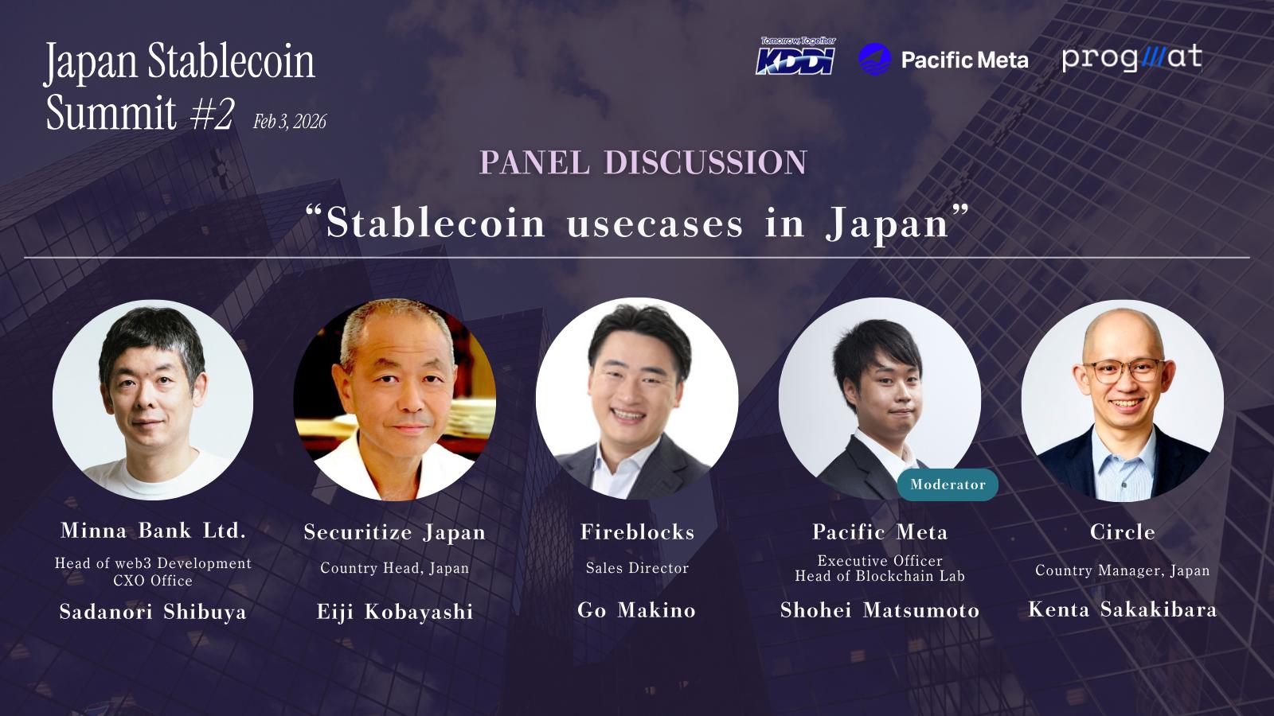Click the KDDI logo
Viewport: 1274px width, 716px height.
(795, 56)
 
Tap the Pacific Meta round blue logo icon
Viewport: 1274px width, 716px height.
(874, 59)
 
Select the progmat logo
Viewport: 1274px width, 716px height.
(1131, 58)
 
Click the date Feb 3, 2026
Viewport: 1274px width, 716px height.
(290, 122)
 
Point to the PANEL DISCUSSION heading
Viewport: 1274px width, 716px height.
(643, 162)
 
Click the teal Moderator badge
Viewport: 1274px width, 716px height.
(948, 484)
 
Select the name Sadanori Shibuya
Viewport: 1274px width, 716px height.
(153, 612)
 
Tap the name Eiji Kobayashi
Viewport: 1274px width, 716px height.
(395, 612)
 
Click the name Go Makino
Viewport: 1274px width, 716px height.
(636, 609)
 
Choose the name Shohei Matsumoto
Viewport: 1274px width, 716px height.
(879, 609)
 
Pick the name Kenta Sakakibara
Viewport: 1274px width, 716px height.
(1122, 609)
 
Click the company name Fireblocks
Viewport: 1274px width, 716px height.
(637, 532)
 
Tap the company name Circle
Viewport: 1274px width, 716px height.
(1122, 532)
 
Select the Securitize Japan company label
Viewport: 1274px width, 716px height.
(395, 532)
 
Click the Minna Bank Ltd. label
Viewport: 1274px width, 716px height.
(153, 530)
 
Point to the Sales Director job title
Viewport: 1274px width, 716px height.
(637, 568)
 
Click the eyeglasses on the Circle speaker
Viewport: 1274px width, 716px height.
(1124, 371)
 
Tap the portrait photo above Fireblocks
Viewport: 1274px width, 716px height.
(637, 399)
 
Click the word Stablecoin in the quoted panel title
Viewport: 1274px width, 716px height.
(436, 223)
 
